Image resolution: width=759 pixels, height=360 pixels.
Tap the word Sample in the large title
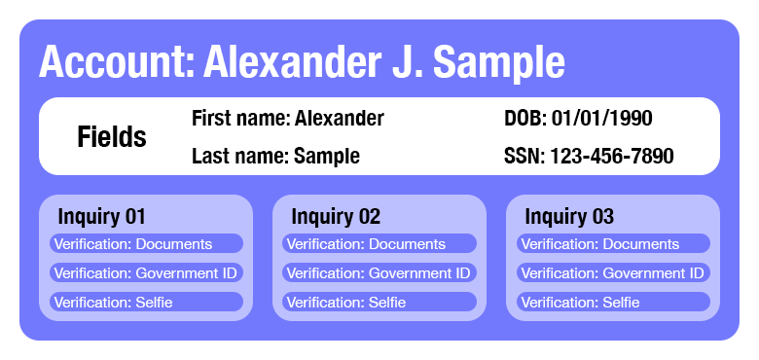pyautogui.click(x=498, y=62)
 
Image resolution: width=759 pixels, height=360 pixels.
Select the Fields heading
pyautogui.click(x=112, y=137)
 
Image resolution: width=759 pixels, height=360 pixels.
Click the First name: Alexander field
pyautogui.click(x=287, y=119)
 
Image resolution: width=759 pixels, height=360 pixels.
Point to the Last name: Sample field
pyautogui.click(x=275, y=156)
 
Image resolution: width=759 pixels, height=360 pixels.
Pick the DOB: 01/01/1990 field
pyautogui.click(x=578, y=119)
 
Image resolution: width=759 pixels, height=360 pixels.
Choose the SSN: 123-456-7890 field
pyautogui.click(x=589, y=156)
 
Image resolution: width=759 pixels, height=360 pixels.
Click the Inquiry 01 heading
pyautogui.click(x=102, y=216)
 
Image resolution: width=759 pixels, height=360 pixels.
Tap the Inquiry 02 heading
pyautogui.click(x=336, y=216)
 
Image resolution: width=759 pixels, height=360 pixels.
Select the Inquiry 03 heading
pyautogui.click(x=569, y=216)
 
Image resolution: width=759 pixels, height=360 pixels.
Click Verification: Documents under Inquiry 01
pyautogui.click(x=146, y=244)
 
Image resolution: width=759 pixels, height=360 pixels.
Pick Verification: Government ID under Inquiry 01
pyautogui.click(x=146, y=273)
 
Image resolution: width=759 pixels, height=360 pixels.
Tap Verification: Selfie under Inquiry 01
pyautogui.click(x=146, y=303)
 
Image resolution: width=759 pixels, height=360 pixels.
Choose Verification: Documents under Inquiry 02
pyautogui.click(x=379, y=244)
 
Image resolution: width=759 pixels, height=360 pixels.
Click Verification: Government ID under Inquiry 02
pyautogui.click(x=379, y=273)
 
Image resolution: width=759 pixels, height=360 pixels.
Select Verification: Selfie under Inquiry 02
pyautogui.click(x=379, y=303)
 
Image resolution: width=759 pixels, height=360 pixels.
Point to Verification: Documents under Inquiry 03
pyautogui.click(x=613, y=244)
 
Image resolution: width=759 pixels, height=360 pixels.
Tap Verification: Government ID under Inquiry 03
pyautogui.click(x=613, y=273)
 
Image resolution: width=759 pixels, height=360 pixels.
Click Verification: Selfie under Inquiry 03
pyautogui.click(x=613, y=303)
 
